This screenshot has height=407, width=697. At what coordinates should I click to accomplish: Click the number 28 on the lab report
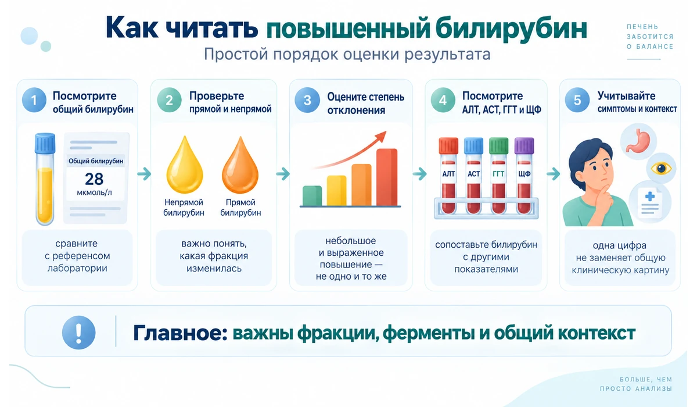[94, 179]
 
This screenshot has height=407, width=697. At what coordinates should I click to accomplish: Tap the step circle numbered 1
[34, 100]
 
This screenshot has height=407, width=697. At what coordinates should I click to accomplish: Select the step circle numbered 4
[443, 100]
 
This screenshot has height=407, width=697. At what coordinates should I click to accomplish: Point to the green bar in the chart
[312, 196]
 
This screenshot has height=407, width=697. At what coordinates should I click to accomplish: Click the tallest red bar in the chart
[387, 177]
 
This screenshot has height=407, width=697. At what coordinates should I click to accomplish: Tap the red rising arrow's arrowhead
[381, 137]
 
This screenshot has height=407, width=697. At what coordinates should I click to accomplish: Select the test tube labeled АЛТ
[448, 176]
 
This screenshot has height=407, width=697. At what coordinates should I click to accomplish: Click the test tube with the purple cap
[524, 176]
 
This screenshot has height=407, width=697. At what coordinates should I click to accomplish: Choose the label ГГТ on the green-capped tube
[498, 174]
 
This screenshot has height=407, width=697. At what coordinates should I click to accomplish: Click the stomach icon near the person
[638, 141]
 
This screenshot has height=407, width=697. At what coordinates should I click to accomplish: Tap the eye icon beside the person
[661, 169]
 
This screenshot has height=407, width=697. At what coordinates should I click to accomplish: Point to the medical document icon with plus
[650, 202]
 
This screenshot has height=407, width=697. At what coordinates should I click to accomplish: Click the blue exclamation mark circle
[79, 332]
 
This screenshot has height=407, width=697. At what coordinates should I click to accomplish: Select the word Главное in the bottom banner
[180, 333]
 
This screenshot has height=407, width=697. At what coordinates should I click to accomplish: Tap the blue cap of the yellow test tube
[45, 144]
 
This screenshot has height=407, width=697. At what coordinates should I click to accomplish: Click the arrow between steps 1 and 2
[144, 174]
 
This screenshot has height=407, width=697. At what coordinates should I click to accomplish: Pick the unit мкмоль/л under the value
[94, 192]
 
